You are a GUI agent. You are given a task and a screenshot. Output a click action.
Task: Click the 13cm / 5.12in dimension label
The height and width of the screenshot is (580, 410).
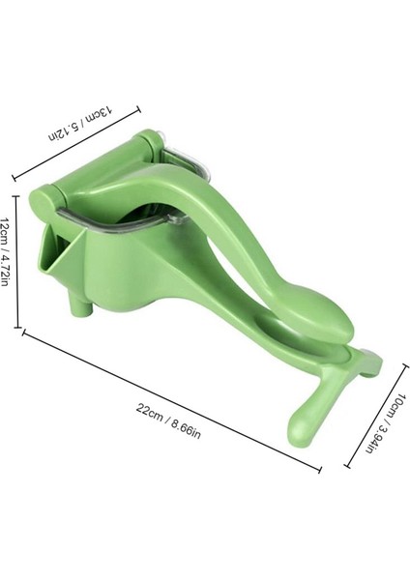[x=79, y=124]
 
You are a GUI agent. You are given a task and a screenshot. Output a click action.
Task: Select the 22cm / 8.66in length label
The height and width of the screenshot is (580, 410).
[x=168, y=421]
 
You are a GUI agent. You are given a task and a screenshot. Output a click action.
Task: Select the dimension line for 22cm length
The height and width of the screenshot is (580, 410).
[x=172, y=400]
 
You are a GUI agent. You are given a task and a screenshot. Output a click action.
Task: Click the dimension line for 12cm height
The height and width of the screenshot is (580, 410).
[x=15, y=262]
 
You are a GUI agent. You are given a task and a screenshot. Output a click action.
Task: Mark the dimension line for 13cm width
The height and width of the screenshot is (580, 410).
[x=76, y=144]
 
